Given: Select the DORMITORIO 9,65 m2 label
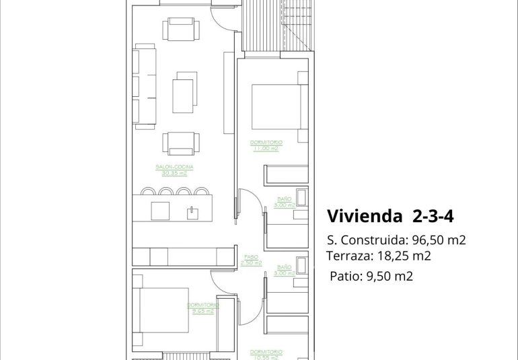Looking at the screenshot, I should pos(202,308).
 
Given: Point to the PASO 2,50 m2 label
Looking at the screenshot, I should pos(251,259).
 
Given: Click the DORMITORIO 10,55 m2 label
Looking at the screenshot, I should pos(265,353).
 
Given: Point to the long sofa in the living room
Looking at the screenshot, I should pos(145,86).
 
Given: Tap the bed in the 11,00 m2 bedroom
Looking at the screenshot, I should pos(274,106).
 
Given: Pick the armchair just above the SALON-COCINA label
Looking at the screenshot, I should pos(182,142).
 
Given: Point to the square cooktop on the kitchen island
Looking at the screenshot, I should pos(160,211).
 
